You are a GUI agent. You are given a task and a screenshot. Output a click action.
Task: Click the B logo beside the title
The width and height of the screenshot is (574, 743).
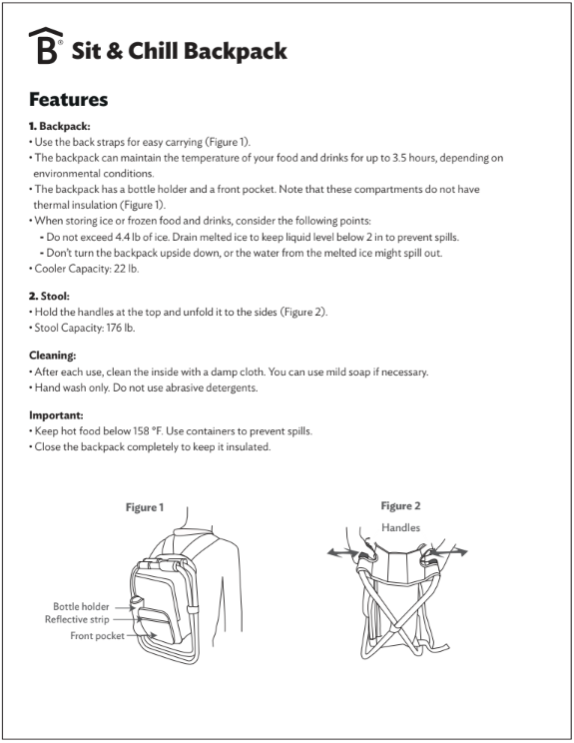click(x=46, y=45)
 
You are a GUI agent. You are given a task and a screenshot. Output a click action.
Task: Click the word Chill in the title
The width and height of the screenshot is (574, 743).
click(x=153, y=51)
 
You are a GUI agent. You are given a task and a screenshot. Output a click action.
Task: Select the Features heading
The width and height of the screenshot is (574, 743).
click(x=69, y=100)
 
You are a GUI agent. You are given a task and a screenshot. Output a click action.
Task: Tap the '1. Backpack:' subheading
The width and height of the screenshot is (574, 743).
click(x=60, y=126)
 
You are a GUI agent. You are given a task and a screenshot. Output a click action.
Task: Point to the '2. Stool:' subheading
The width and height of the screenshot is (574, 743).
click(x=49, y=297)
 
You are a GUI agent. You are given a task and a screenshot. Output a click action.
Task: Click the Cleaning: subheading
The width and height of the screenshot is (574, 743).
click(x=53, y=356)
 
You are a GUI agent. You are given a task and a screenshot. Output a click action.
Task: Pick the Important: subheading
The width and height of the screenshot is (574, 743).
click(x=56, y=415)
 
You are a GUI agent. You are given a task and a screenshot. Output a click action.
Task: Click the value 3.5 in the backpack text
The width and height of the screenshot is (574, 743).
click(x=399, y=158)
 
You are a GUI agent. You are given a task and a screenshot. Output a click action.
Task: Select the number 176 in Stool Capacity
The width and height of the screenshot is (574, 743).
click(x=114, y=328)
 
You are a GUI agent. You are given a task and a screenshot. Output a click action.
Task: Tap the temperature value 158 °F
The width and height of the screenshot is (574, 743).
click(x=147, y=431)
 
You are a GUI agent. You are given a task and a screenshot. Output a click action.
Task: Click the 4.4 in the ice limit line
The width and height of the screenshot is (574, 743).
click(x=122, y=237)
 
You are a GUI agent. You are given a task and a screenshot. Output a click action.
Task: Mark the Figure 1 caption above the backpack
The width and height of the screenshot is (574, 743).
click(x=145, y=507)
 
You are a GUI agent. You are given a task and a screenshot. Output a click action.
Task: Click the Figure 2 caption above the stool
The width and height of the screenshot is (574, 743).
click(x=400, y=506)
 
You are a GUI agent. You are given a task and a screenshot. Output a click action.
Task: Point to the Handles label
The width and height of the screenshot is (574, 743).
click(x=400, y=527)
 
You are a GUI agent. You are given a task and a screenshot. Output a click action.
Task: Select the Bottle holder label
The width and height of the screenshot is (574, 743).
click(x=81, y=606)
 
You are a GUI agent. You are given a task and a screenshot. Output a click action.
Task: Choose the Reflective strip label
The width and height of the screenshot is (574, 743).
click(x=77, y=619)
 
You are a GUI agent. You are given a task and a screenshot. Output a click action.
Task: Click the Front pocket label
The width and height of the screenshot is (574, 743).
click(x=97, y=636)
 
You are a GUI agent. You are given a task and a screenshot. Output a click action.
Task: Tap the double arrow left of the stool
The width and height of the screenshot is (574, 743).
click(x=342, y=552)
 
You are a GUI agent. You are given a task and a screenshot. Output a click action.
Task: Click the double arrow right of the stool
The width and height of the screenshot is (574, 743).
click(x=449, y=552)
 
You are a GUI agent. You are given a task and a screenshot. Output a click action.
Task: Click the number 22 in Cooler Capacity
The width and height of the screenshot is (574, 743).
click(x=119, y=269)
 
